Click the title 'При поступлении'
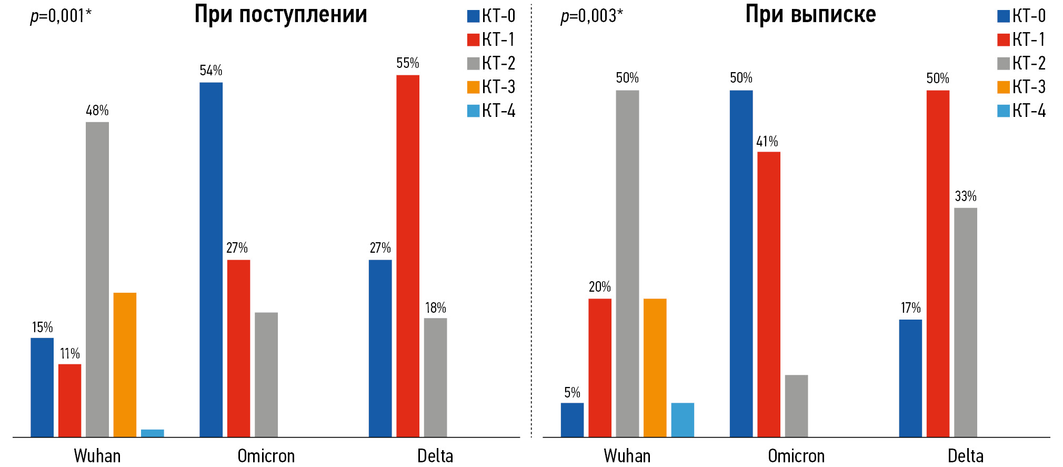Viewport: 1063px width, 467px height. (x=280, y=15)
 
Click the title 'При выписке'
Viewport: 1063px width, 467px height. (x=810, y=15)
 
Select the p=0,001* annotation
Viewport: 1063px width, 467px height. (x=61, y=16)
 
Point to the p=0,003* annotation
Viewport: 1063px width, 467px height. (x=591, y=16)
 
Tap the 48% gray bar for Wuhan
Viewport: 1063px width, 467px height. (x=97, y=279)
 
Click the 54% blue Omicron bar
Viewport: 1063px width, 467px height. (x=211, y=260)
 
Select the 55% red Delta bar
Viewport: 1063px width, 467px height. (x=408, y=256)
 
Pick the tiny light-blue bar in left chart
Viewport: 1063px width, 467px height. (x=153, y=433)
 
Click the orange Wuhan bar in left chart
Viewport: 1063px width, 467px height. (x=125, y=364)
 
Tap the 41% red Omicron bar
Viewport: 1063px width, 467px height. (x=769, y=294)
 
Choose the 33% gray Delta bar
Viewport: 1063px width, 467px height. (x=966, y=322)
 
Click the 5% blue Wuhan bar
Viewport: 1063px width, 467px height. (x=572, y=420)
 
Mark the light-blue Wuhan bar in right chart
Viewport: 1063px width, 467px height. (x=683, y=420)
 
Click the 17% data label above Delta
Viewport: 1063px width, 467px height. (x=910, y=308)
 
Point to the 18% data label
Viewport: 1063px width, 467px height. (x=436, y=308)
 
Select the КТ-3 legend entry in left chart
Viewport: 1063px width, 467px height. (x=491, y=87)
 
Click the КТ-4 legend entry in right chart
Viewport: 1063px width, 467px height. (x=1021, y=111)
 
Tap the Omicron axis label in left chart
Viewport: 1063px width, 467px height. (x=266, y=456)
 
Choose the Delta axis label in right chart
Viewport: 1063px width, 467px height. (x=965, y=456)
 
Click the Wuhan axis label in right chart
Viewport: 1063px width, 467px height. (x=627, y=456)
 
